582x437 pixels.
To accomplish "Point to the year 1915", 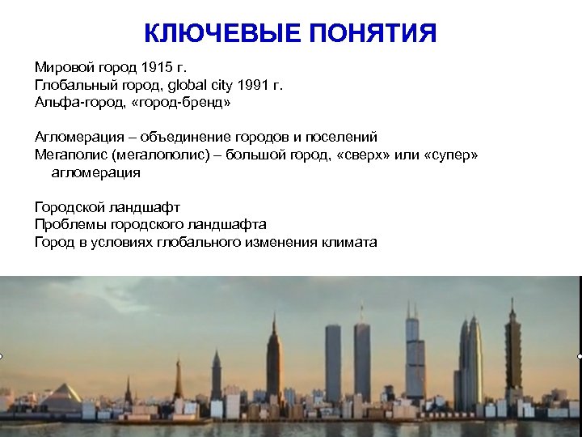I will point(156,66).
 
